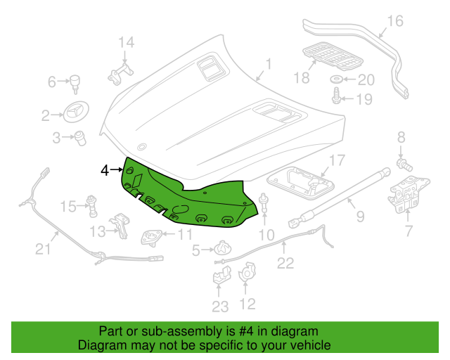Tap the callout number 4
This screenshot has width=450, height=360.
[x=105, y=170]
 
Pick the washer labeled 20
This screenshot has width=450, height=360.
[x=337, y=79]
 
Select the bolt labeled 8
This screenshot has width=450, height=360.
[x=404, y=164]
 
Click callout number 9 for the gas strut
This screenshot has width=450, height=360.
[x=359, y=216]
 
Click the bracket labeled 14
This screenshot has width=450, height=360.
[x=121, y=71]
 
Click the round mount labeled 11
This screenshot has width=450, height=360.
[x=150, y=237]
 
